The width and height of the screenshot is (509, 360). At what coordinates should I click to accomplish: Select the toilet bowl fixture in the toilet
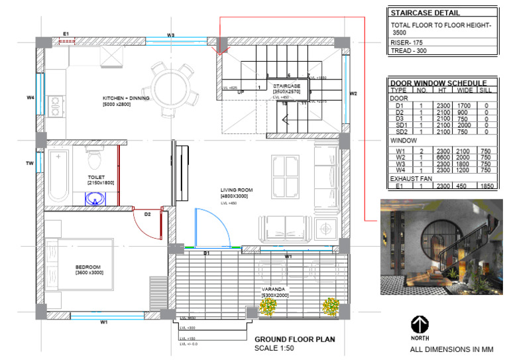tap(93, 159)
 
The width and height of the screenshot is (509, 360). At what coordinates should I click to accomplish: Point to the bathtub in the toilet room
tap(58, 176)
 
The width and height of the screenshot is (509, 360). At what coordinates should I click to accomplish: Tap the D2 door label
tap(148, 214)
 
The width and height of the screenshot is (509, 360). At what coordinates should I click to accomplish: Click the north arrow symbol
tap(419, 325)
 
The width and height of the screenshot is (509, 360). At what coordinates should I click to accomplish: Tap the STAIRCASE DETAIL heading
tap(425, 13)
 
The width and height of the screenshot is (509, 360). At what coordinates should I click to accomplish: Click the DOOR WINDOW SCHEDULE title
tap(443, 82)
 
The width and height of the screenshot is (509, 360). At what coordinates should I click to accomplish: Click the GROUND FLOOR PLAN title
tap(295, 339)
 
